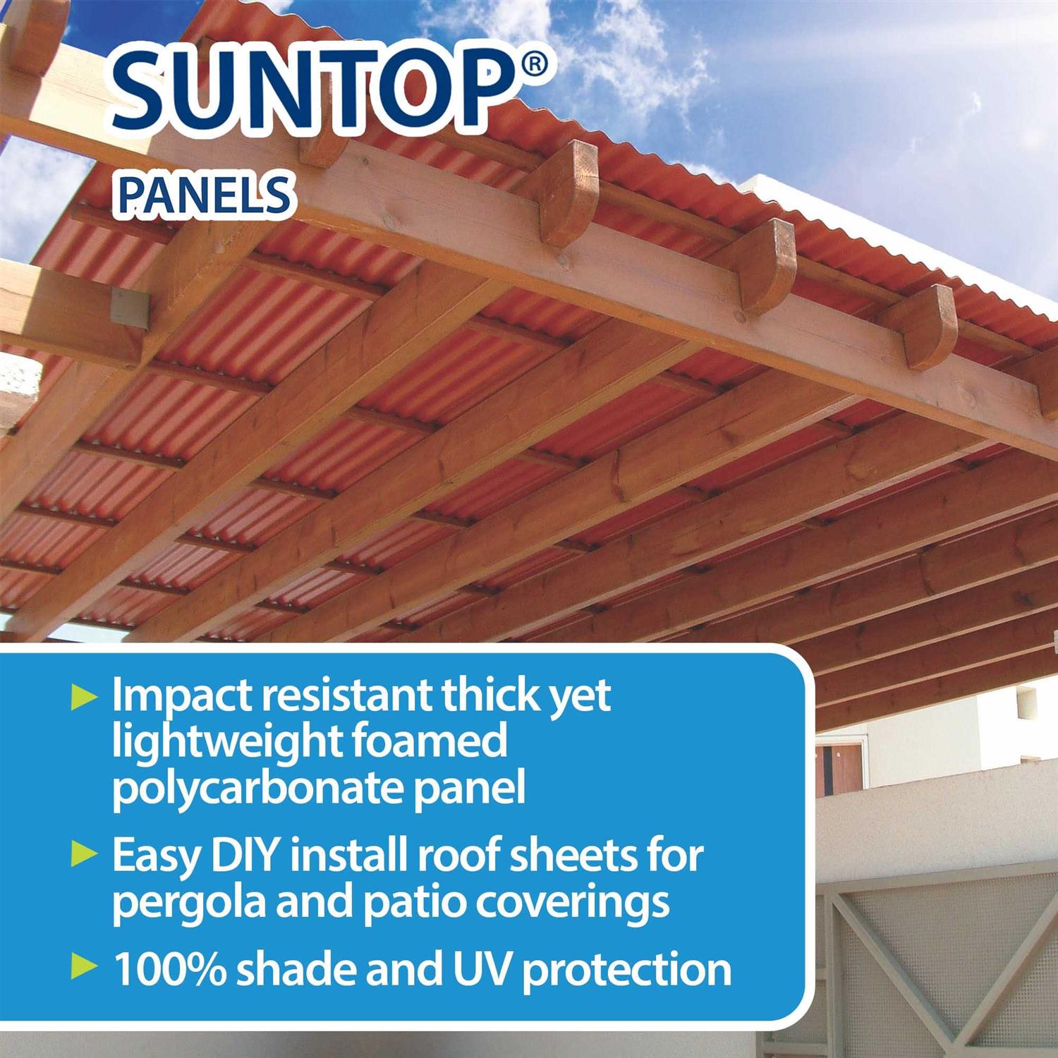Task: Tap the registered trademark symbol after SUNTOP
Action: [535, 64]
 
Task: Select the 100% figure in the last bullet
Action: [170, 970]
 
